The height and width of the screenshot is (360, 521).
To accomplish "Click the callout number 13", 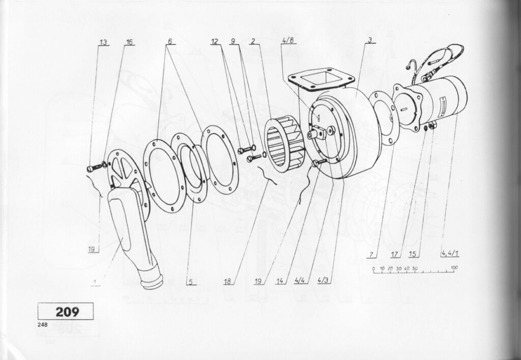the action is (103, 42).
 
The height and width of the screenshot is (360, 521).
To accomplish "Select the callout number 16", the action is (129, 42).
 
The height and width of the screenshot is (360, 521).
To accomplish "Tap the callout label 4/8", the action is (288, 40).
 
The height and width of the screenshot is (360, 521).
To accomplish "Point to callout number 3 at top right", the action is (370, 40).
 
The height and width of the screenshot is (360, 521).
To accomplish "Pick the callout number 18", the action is (227, 282).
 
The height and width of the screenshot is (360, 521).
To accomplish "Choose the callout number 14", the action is (280, 281).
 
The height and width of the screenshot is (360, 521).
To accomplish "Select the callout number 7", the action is (371, 255).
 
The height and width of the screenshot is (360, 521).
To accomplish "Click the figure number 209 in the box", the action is (67, 312).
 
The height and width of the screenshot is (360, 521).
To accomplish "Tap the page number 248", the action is (43, 325).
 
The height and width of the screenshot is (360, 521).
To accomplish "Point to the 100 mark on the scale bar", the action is (454, 268).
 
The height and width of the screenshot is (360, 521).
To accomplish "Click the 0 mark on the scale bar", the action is (374, 268).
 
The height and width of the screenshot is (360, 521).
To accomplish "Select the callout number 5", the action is (191, 282).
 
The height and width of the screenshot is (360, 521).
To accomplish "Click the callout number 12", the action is (215, 42).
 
